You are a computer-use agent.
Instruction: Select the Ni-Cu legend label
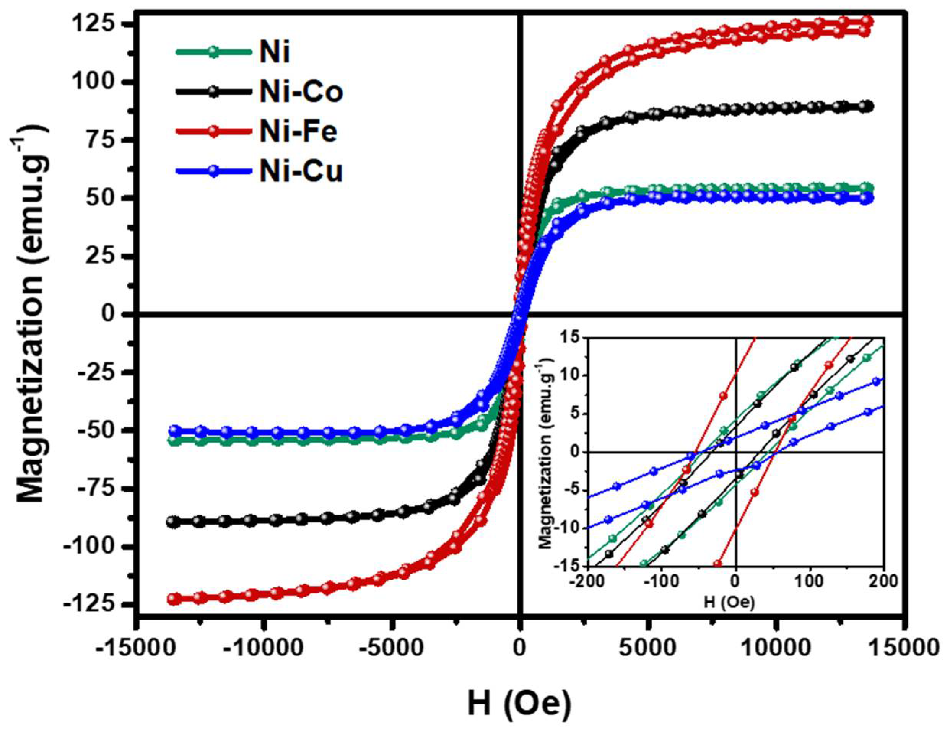301,172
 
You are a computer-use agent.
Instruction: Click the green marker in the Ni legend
213,51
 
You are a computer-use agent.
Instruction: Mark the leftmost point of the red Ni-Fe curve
174,599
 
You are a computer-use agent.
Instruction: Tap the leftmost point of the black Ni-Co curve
174,522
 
